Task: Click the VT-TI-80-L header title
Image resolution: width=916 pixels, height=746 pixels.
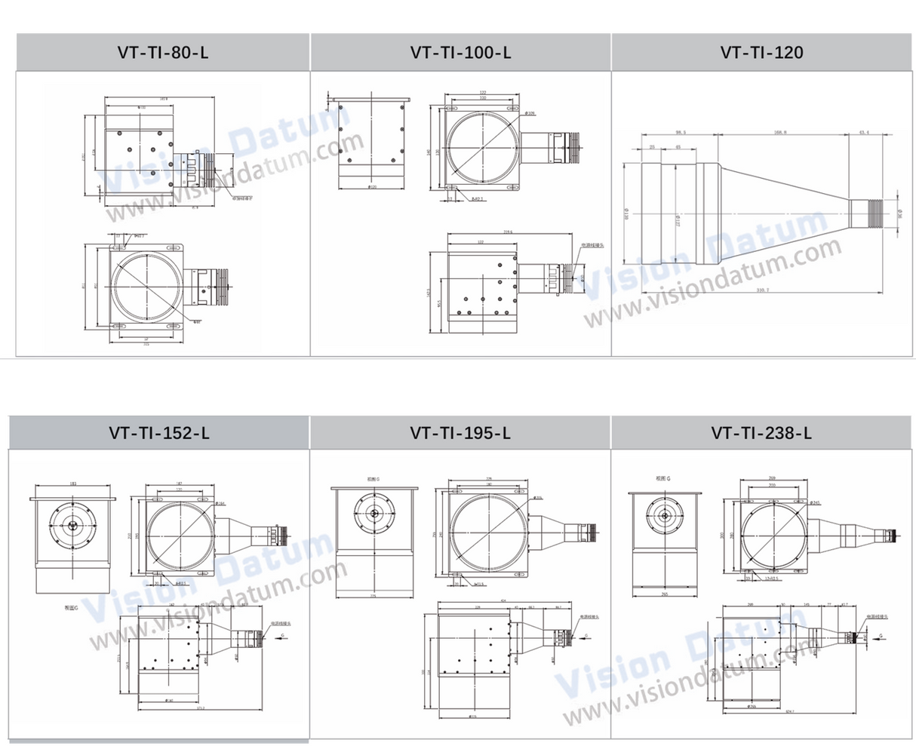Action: [x=163, y=53]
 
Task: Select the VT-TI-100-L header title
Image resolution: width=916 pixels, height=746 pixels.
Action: [x=460, y=53]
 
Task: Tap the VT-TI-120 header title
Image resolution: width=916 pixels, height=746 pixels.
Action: [x=762, y=53]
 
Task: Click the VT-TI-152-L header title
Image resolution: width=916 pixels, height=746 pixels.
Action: [x=158, y=433]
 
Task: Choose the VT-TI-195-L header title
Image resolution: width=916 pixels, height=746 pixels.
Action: [x=460, y=433]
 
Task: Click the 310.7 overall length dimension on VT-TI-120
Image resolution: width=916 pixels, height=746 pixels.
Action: [x=760, y=289]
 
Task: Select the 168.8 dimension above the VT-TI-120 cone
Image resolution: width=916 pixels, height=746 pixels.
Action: [x=780, y=132]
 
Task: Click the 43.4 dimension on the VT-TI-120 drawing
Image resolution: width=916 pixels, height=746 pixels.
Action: [x=864, y=132]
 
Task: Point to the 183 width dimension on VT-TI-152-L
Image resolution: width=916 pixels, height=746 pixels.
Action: [x=72, y=484]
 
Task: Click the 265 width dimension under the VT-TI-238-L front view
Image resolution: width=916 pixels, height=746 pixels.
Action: [x=665, y=594]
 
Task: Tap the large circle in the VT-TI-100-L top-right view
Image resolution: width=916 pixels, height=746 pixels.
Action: [x=481, y=145]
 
